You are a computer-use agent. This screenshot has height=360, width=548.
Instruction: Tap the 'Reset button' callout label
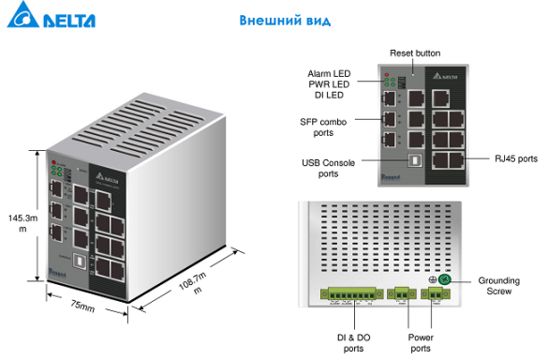(x=416, y=52)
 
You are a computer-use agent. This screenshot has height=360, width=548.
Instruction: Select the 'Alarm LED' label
(x=330, y=73)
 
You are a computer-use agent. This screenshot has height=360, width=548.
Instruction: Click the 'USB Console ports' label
(x=327, y=168)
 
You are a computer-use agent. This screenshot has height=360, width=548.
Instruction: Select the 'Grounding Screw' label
(x=498, y=285)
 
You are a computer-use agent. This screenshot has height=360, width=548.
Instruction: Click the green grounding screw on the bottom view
(x=446, y=279)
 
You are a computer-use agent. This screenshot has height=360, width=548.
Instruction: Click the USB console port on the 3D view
(x=81, y=258)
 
